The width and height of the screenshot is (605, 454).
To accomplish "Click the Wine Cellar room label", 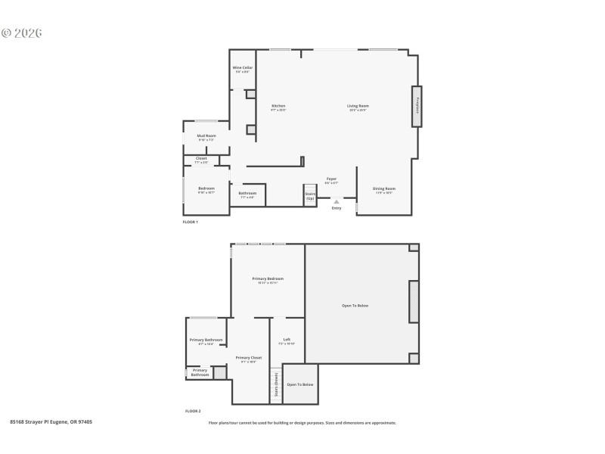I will pos(243,68).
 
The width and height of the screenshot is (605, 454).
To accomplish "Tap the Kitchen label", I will pos(278,106).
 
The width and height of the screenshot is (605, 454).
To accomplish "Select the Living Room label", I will pos(358,106).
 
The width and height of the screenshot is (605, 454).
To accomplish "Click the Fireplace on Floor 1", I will pos(417,106).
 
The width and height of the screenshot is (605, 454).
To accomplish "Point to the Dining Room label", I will pos(383,188).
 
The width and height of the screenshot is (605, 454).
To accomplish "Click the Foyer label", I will pos(331,179).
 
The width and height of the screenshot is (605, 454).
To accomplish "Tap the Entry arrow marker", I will pos(337,201).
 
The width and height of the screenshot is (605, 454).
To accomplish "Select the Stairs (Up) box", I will pos(310,194).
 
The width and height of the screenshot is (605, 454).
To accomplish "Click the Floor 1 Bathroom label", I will pos(248,193).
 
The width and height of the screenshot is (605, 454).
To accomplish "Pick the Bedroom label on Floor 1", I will pos(206,188).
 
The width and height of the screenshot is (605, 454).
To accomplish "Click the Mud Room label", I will pos(206,136).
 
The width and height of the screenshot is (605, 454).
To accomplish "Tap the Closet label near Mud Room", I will pos(201,158).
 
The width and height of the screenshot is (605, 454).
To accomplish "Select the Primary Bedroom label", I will pos(268,279).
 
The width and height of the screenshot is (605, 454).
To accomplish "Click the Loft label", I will pos(287,339).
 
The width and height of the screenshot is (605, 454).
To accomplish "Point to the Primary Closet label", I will pos(249,358).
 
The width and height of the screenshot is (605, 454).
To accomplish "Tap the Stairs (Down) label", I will pos(276,384).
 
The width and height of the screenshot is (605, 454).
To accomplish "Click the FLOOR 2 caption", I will pos(193,411).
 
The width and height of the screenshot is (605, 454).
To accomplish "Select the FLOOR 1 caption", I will pos(190,222).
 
